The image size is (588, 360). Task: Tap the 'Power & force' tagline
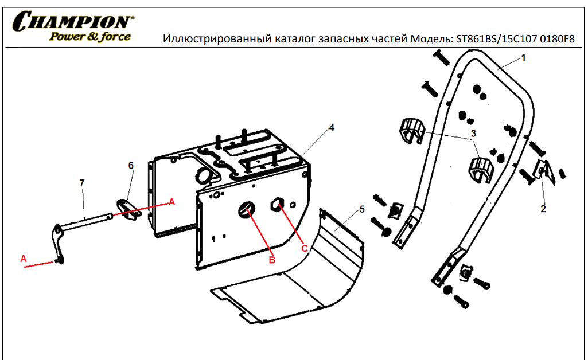tap(90, 36)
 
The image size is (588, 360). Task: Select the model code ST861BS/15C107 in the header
tap(496, 39)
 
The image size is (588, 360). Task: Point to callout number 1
tap(524, 58)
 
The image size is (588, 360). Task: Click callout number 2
tap(543, 209)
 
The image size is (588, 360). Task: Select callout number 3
tap(474, 133)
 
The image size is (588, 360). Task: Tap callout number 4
tap(332, 127)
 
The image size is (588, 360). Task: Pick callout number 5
tap(362, 209)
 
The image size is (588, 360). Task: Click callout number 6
tap(131, 165)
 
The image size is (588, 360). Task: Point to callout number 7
tap(82, 183)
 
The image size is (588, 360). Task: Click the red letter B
tap(272, 260)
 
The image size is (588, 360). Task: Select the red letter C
tap(305, 248)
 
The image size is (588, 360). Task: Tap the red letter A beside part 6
tap(172, 202)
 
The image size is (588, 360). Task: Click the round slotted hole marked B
tap(246, 209)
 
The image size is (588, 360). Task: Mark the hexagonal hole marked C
tap(277, 204)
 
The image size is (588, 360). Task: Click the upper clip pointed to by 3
tap(412, 130)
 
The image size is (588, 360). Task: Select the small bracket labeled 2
tap(544, 171)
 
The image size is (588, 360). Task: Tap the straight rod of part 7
tap(85, 221)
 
